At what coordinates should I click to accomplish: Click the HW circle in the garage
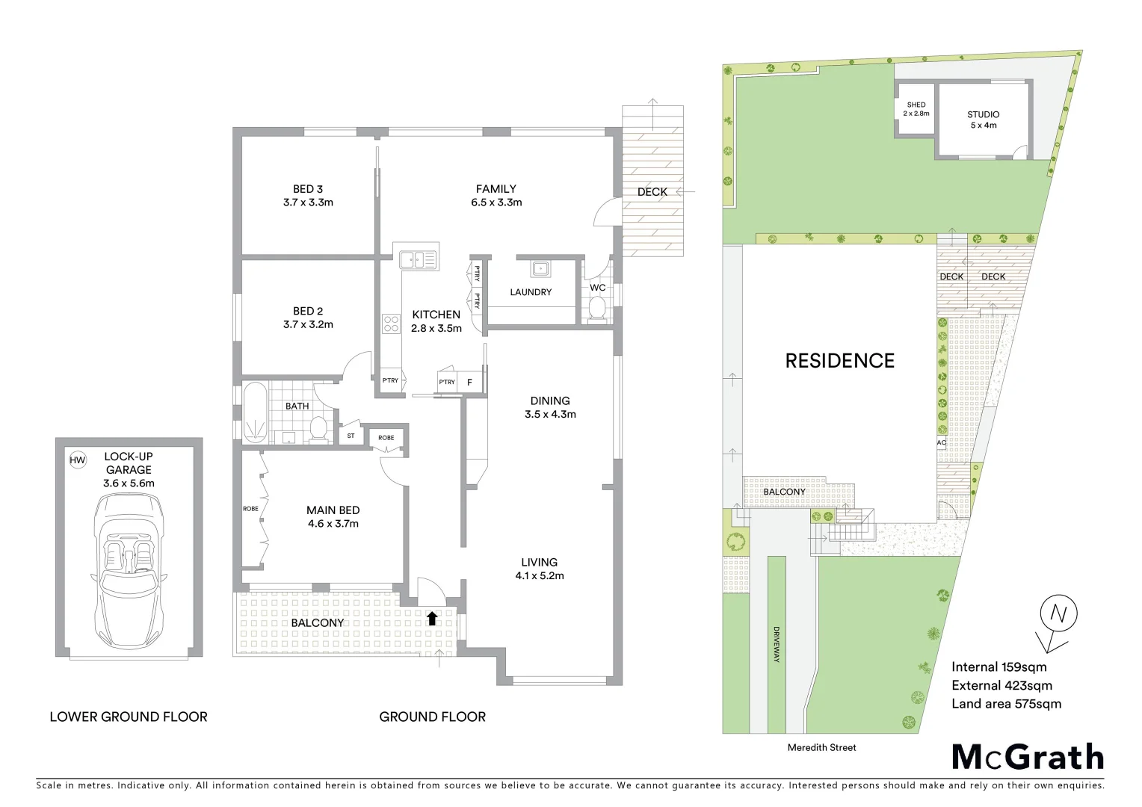[78, 460]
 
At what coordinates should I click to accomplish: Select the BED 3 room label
[308, 189]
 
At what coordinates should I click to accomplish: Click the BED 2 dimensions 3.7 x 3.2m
[308, 324]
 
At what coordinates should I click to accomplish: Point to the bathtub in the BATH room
[255, 412]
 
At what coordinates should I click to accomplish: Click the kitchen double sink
[418, 260]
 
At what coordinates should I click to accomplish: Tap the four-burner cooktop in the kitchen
[392, 323]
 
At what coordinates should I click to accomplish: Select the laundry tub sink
[540, 268]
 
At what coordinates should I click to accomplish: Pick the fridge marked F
[469, 382]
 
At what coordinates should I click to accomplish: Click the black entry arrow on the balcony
[431, 618]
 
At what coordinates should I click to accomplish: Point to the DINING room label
[550, 401]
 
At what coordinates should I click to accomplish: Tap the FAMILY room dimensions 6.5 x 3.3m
[496, 202]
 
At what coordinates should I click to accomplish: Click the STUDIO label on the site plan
[983, 114]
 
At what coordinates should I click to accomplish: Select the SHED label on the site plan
[916, 105]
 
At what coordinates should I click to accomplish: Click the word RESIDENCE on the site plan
[839, 361]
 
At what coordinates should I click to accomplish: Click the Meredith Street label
[821, 747]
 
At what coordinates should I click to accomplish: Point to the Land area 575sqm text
[1006, 703]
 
